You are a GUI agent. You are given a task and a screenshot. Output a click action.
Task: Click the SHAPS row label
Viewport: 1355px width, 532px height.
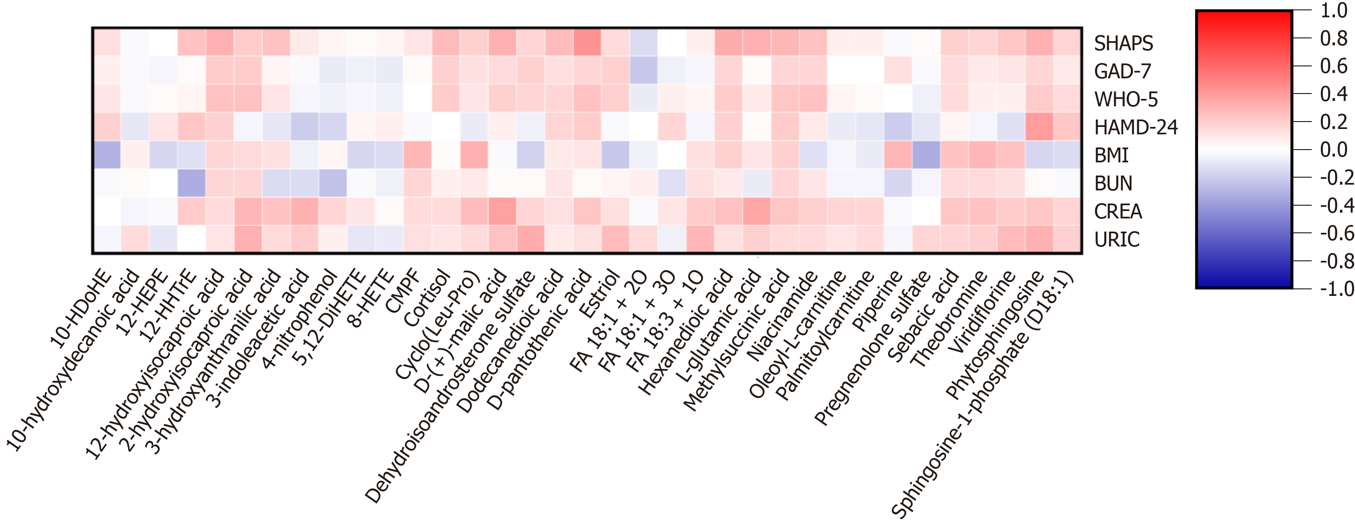coord(1123,43)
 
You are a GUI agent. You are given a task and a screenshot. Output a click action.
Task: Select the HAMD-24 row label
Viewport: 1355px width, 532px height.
coord(1136,127)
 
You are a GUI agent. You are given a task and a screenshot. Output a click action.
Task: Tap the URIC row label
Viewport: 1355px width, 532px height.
coord(1116,239)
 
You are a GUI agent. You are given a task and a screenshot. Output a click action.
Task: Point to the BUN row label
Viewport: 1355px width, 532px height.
coord(1113,183)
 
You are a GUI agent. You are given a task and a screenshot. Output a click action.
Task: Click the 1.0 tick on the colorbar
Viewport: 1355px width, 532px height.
coord(1334,11)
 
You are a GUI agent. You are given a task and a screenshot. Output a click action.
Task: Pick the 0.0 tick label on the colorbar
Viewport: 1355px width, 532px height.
coord(1334,150)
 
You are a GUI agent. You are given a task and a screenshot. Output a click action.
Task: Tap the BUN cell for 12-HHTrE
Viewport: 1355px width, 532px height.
coord(191,183)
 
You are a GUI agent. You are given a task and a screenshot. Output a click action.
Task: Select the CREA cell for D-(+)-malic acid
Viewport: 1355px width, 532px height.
coord(502,211)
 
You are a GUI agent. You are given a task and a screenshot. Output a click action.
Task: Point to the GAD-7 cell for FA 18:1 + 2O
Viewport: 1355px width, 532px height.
coord(643,70)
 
